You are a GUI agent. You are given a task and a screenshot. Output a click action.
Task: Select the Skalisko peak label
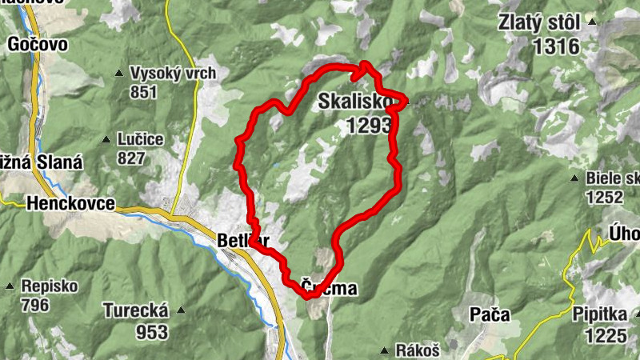click(354, 102)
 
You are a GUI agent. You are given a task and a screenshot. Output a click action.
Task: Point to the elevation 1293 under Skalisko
click(369, 125)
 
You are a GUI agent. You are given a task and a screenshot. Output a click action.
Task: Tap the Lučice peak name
click(139, 139)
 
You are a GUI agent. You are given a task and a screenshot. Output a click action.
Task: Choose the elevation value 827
click(130, 158)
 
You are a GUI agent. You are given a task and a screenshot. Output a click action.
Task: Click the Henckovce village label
click(70, 202)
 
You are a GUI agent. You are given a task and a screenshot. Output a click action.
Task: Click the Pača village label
click(489, 314)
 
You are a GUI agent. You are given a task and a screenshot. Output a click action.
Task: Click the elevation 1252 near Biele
click(604, 197)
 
